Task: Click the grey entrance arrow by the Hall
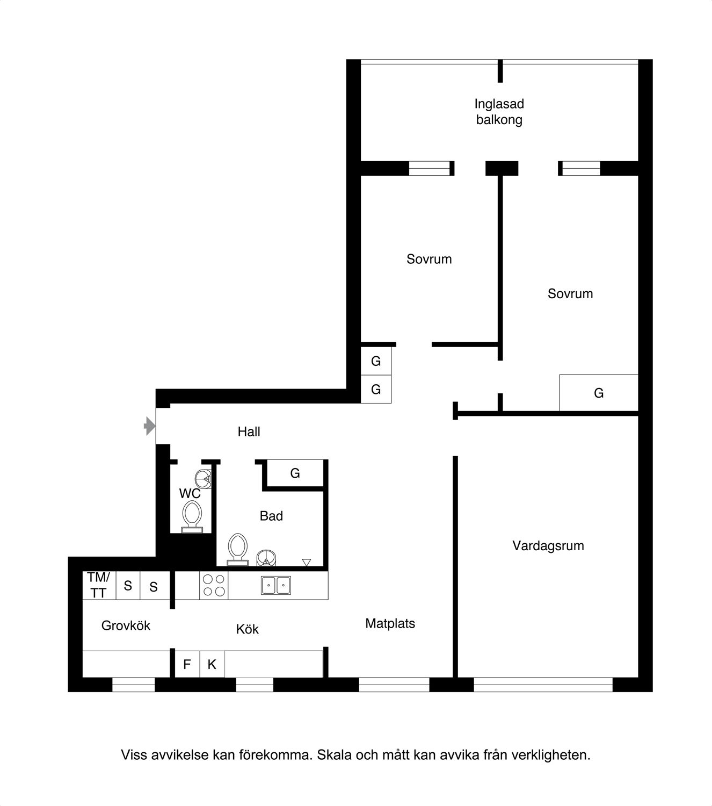[149, 426]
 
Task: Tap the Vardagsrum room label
[548, 545]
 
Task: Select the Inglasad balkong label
[499, 112]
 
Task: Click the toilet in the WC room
[192, 517]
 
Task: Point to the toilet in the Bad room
[237, 549]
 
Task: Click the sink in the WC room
[203, 479]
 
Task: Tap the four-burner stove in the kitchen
[214, 585]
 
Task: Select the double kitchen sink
[276, 585]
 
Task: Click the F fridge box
[187, 664]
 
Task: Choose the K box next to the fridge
[212, 664]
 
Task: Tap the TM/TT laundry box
[99, 585]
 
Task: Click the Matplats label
[390, 623]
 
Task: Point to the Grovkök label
[126, 625]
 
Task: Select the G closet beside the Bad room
[295, 473]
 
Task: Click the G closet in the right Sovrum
[599, 393]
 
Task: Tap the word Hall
[249, 431]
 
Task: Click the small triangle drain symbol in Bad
[306, 562]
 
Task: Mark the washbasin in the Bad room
[266, 558]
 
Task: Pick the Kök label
[248, 629]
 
